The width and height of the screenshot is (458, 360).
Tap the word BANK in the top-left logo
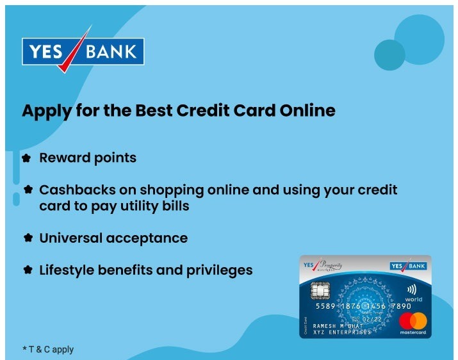tap(113, 51)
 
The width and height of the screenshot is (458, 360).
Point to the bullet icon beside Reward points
tap(26, 158)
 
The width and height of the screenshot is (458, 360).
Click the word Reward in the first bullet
tap(63, 158)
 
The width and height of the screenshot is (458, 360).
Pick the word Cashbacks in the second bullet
tap(72, 190)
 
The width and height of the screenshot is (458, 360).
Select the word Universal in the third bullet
tap(70, 238)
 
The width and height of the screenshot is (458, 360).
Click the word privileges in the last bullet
tap(218, 270)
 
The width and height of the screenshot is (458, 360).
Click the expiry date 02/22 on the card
tap(373, 318)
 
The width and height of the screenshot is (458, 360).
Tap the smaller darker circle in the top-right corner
tap(389, 54)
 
